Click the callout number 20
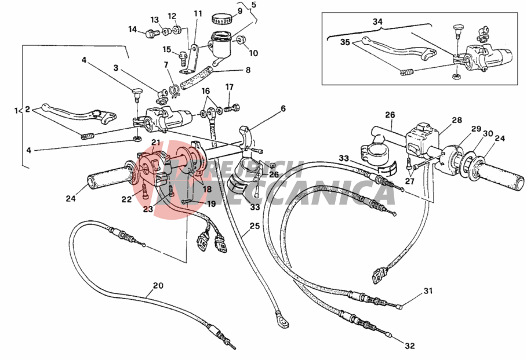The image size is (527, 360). click(158, 285)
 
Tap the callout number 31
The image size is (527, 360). click(428, 290)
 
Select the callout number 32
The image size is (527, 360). click(410, 347)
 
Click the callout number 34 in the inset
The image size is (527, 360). click(378, 22)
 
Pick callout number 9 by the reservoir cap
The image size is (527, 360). click(239, 11)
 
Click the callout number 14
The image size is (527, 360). click(133, 30)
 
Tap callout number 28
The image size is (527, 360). click(457, 120)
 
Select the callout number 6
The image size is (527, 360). click(284, 108)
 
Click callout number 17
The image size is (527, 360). click(230, 88)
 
